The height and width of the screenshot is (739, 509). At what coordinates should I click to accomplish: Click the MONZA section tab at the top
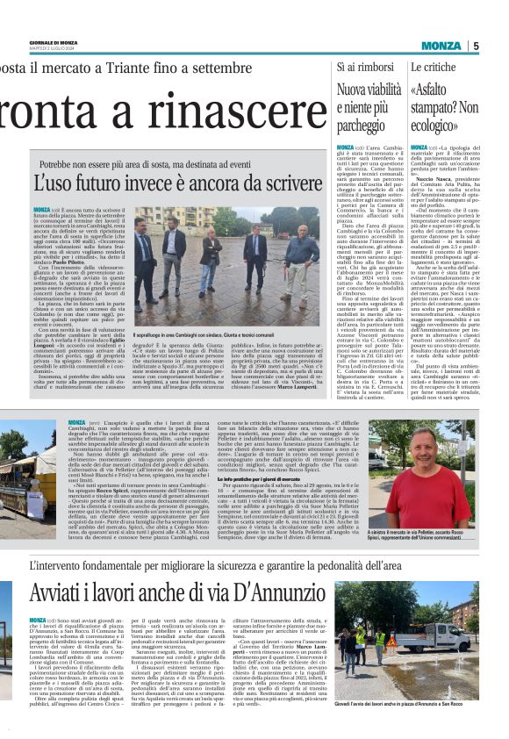coord(441,47)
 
